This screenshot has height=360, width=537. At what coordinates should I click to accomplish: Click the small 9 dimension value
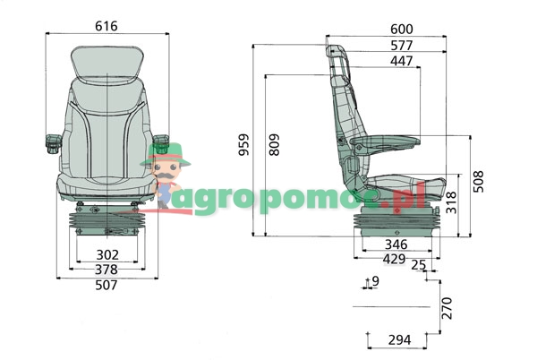(x=375, y=282)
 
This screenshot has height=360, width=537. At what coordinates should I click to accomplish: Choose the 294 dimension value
(x=399, y=340)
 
